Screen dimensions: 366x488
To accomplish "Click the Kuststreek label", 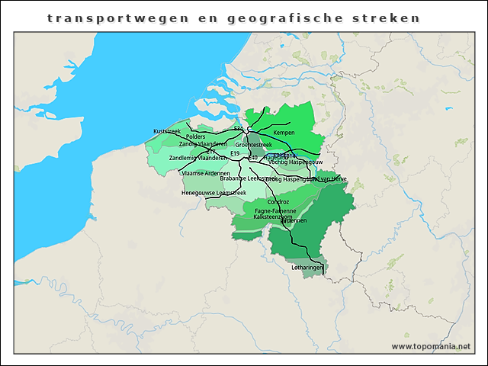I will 167,131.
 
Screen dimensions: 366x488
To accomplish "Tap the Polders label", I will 195,137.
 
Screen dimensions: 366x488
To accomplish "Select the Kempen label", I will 284,133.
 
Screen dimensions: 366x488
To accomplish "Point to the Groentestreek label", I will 254,144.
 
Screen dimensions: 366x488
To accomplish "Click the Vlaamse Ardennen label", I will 206,173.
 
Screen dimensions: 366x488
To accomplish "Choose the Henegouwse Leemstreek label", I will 214,193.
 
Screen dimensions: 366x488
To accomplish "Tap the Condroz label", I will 278,201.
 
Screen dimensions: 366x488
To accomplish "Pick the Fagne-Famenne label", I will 275,210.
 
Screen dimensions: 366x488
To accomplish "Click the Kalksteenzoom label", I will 273,217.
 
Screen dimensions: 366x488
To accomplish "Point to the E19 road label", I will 235,154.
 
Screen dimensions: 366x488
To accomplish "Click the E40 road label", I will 253,158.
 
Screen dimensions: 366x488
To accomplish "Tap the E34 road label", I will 239,129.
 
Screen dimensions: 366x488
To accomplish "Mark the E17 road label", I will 210,152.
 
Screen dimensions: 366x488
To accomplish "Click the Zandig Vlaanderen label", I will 203,144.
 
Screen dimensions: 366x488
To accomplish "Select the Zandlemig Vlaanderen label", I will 197,158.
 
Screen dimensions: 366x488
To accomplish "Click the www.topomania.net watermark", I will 431,346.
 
